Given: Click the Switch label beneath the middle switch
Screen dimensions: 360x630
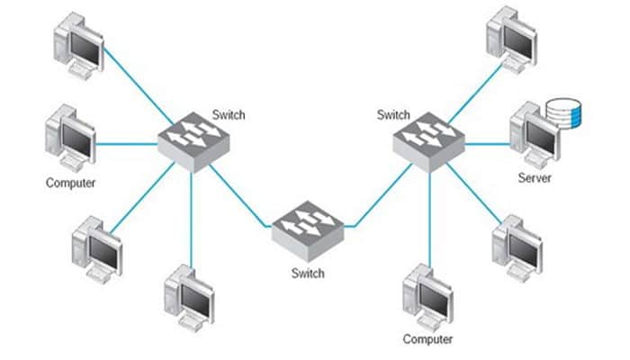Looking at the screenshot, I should (x=308, y=270).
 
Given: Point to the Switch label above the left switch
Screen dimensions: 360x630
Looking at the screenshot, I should (x=229, y=115).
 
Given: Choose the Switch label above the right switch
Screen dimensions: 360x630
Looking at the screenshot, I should (x=393, y=115).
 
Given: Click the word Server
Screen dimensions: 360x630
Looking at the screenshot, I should (x=534, y=178).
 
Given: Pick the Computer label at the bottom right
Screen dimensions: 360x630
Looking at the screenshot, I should (x=427, y=339).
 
